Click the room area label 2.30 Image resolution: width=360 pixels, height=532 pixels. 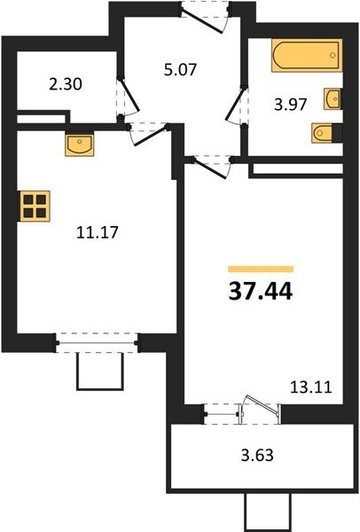pyautogui.click(x=65, y=87)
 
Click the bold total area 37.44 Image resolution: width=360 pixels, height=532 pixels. pyautogui.click(x=261, y=290)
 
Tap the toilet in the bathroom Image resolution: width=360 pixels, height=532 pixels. pyautogui.click(x=324, y=134)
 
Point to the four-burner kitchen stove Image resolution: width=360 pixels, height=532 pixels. pyautogui.click(x=35, y=207)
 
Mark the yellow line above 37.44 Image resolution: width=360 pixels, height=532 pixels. pyautogui.click(x=261, y=268)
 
